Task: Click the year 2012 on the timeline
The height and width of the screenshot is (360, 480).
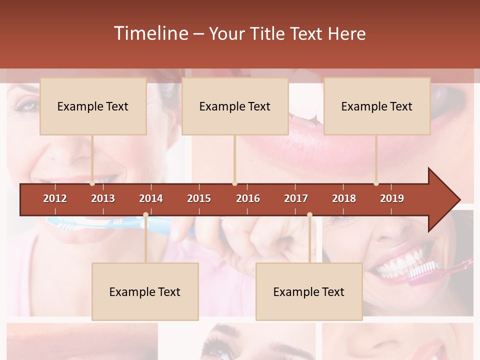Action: (55, 198)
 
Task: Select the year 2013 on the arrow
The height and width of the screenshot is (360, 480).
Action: (103, 198)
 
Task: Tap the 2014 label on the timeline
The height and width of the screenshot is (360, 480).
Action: (151, 198)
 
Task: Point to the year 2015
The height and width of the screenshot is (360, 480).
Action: (199, 198)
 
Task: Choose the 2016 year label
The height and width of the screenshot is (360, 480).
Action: (248, 198)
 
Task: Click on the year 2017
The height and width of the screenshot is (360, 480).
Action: (296, 198)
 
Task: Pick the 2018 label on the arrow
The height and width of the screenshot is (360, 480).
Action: (344, 198)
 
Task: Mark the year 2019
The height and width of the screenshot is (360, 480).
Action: (392, 198)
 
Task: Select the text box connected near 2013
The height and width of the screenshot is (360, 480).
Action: (93, 106)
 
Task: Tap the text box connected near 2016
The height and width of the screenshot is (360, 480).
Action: (235, 106)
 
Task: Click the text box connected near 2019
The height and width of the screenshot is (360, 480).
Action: (377, 106)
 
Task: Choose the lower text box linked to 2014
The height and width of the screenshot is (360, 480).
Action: (145, 292)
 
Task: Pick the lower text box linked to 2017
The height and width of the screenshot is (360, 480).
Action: (309, 292)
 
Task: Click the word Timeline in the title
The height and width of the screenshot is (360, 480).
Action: (150, 33)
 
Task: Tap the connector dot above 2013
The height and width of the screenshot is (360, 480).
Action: (92, 183)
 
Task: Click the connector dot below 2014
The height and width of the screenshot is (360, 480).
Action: (145, 215)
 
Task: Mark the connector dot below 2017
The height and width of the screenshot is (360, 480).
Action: (309, 215)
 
